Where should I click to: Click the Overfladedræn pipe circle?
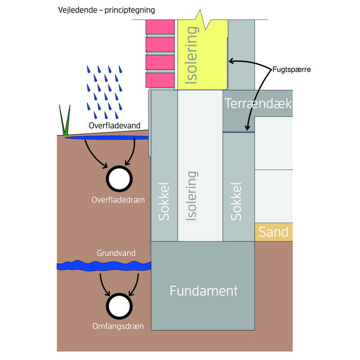click(x=119, y=179)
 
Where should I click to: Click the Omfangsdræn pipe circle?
click(x=119, y=306)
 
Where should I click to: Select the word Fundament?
click(x=203, y=291)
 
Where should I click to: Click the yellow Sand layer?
click(x=273, y=232)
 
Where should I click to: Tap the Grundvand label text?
click(x=116, y=253)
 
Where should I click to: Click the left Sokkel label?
click(x=164, y=202)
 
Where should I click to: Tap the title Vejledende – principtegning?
click(x=106, y=10)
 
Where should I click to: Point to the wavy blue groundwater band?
click(x=103, y=266)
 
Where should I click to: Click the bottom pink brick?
click(x=160, y=79)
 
